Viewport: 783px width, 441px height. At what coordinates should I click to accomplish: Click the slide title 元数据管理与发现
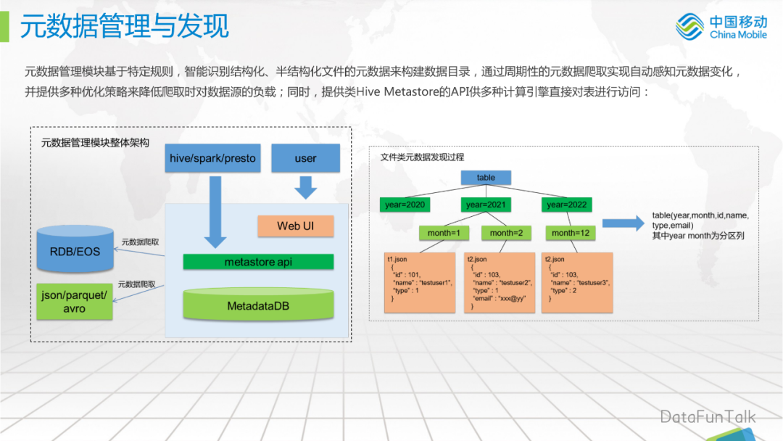[x=125, y=25]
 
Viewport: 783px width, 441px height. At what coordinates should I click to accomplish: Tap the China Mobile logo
[x=721, y=28]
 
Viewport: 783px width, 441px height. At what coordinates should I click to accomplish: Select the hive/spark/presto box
[x=212, y=158]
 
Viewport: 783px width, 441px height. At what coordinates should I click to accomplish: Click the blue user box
[x=305, y=158]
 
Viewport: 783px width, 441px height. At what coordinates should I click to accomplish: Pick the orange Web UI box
[x=295, y=226]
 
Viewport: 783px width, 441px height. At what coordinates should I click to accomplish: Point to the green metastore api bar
[x=258, y=262]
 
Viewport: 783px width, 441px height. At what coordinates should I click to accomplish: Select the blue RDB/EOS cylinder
[x=75, y=251]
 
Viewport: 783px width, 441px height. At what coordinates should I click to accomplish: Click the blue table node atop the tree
[x=486, y=178]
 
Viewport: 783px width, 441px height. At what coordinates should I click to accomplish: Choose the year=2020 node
[x=405, y=205]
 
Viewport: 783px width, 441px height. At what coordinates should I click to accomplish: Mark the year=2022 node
[x=566, y=205]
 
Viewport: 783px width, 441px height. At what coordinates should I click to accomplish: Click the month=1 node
[x=444, y=233]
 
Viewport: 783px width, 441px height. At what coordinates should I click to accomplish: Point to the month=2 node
[x=505, y=233]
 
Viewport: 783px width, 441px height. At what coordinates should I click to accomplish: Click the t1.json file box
[x=420, y=282]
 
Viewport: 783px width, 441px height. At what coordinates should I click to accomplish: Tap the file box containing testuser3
[x=578, y=282]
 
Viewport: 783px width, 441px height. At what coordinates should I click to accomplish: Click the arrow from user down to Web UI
[x=305, y=188]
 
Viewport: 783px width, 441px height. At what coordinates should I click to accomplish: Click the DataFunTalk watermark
[x=707, y=416]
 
